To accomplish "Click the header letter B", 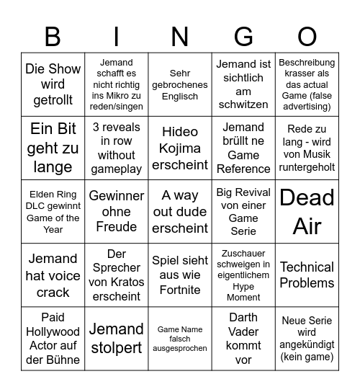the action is pos(53,37).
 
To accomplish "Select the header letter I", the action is pos(117,37).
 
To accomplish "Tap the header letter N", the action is pos(180,37).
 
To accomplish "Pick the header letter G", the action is pos(243,37).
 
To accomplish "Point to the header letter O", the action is pos(307,37).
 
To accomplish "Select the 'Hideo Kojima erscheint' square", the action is pos(180,148).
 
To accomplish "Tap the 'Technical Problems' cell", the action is pos(307,275).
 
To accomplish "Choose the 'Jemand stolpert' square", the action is pos(117,338).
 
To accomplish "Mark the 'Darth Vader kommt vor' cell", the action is pos(243,338).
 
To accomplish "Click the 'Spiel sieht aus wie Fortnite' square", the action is pos(180,275).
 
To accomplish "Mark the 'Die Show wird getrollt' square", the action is pos(53,85).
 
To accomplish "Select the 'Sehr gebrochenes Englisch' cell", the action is pos(180,85).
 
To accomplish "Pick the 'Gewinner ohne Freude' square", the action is pos(117,211).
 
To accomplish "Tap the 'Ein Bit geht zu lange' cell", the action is pos(53,148).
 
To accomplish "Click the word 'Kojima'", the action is pos(180,148).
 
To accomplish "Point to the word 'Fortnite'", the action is pos(180,290).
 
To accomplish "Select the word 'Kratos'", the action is pos(127,282).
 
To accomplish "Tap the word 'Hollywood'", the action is pos(53,331).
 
